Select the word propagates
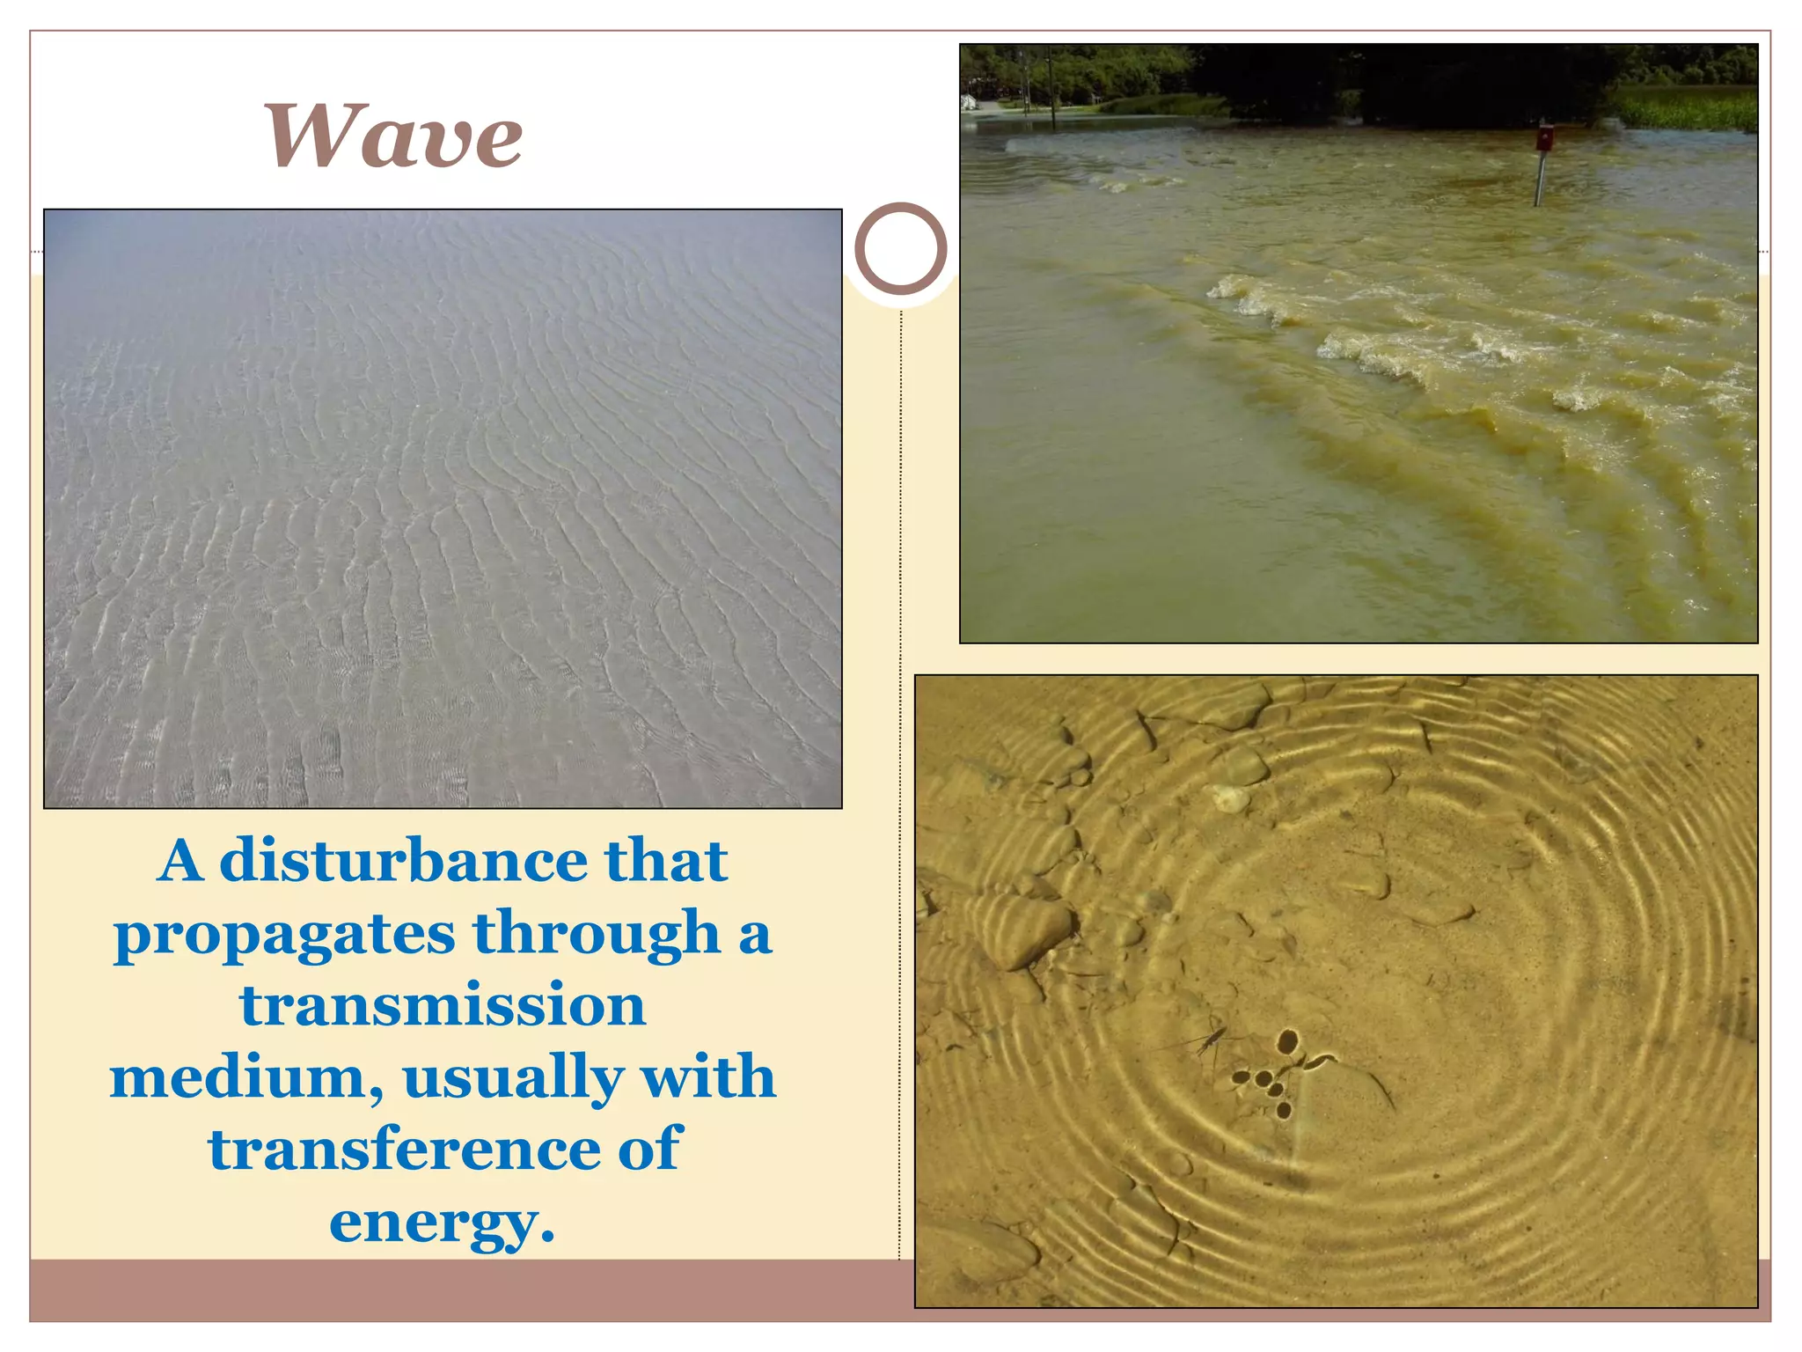(x=284, y=936)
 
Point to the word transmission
(x=443, y=1005)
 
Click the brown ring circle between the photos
(x=900, y=249)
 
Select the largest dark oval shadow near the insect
(x=1288, y=1042)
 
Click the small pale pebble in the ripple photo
(x=1231, y=798)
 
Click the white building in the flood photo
(x=969, y=102)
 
